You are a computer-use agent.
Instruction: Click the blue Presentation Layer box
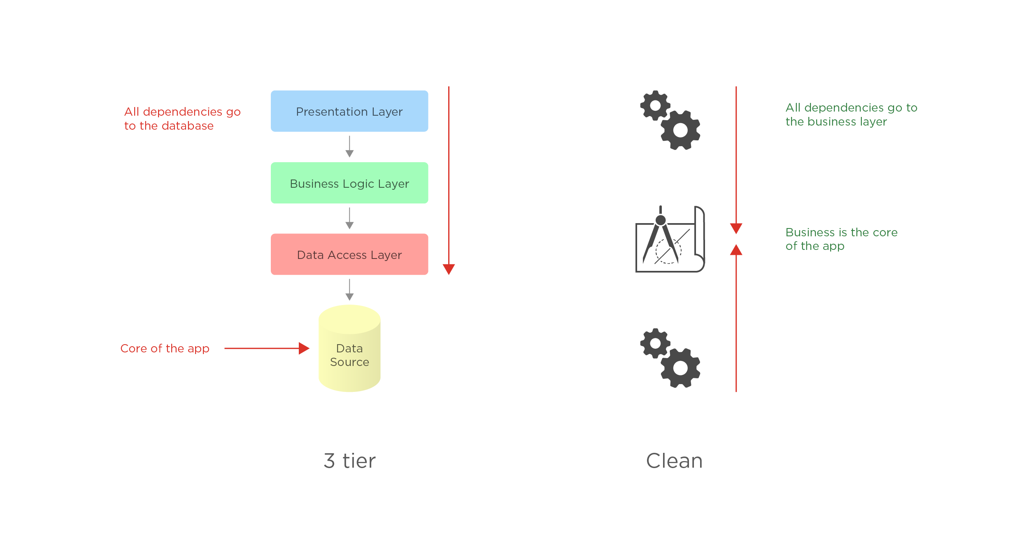pyautogui.click(x=349, y=111)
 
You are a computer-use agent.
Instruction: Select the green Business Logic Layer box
pyautogui.click(x=349, y=183)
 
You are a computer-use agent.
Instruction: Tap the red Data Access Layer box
pyautogui.click(x=349, y=254)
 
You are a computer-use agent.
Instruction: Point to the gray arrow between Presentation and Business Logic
pyautogui.click(x=349, y=147)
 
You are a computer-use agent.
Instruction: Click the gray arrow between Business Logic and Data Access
pyautogui.click(x=349, y=219)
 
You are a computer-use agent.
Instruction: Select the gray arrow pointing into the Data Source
pyautogui.click(x=349, y=290)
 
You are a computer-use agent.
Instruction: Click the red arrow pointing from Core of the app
pyautogui.click(x=267, y=348)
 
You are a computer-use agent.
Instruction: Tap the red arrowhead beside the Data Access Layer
pyautogui.click(x=449, y=269)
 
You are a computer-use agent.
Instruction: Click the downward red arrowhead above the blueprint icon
pyautogui.click(x=736, y=228)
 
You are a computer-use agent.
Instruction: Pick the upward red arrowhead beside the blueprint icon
pyautogui.click(x=736, y=250)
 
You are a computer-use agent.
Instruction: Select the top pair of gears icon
pyautogui.click(x=670, y=120)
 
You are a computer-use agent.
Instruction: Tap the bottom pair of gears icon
pyautogui.click(x=670, y=358)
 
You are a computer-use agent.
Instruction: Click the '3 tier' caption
pyautogui.click(x=349, y=461)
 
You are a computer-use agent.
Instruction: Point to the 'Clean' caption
pyautogui.click(x=674, y=461)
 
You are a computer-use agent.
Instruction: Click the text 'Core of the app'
pyautogui.click(x=165, y=348)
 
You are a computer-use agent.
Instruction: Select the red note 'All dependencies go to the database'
pyautogui.click(x=182, y=119)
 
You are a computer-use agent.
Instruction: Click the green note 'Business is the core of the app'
pyautogui.click(x=841, y=239)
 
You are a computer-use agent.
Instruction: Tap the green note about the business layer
pyautogui.click(x=851, y=114)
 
